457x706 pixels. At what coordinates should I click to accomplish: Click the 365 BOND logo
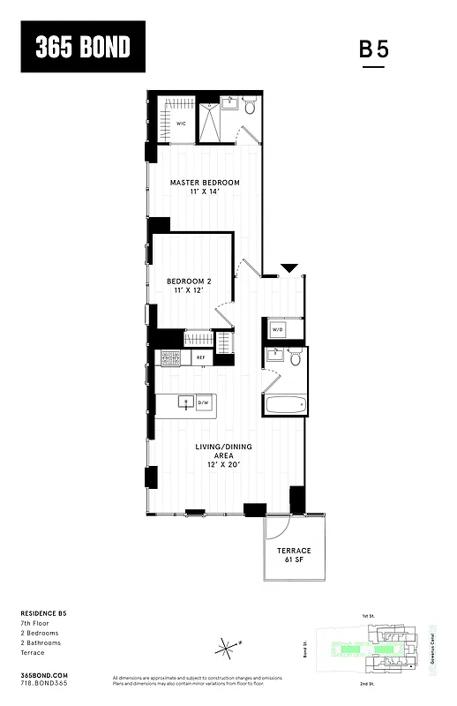click(83, 48)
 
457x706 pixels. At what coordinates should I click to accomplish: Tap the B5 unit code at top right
click(374, 49)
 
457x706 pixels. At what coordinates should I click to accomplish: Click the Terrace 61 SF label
click(296, 555)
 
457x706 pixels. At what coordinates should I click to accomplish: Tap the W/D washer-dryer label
click(277, 330)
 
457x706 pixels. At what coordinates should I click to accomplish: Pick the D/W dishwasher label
click(203, 402)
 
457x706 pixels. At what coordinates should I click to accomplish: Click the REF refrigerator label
click(200, 357)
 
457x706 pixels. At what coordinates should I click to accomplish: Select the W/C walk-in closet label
click(180, 124)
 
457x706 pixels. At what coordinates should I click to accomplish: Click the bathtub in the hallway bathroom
click(286, 406)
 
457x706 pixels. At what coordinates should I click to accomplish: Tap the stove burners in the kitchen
click(169, 357)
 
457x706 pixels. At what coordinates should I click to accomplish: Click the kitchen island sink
click(186, 402)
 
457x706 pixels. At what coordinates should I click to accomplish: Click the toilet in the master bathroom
click(249, 109)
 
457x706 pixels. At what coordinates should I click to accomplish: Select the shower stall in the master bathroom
click(210, 123)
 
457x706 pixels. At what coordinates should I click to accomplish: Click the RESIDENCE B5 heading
click(43, 612)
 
